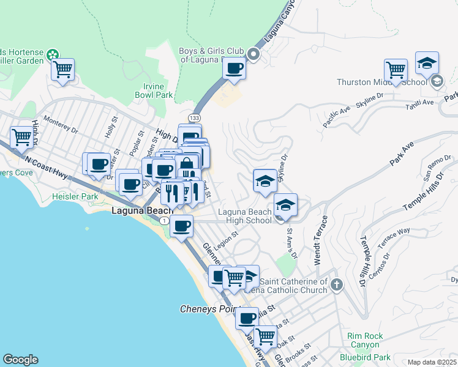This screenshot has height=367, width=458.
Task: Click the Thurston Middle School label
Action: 381,83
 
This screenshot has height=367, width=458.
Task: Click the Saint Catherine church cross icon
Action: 337,284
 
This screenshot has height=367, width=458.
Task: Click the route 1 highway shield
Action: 165,220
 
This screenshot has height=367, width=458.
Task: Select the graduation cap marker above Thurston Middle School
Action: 426,64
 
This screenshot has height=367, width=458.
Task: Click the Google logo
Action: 20,360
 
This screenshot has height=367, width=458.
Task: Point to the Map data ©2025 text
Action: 432,362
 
